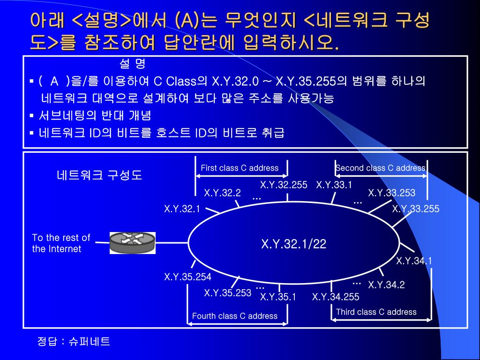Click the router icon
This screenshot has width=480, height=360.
[x=133, y=243]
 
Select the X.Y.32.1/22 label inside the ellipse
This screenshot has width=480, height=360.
[x=293, y=244]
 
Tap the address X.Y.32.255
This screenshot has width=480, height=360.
[x=284, y=185]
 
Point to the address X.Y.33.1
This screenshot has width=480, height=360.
[x=334, y=185]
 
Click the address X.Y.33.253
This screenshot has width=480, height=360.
[x=391, y=193]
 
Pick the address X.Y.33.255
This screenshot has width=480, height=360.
[x=415, y=209]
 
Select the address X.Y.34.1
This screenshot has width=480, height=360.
[x=414, y=261]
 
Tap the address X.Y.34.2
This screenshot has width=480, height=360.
[x=386, y=285]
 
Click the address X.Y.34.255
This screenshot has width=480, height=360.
[x=336, y=297]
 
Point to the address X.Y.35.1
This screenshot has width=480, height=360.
[x=278, y=297]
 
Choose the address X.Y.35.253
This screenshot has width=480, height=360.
[x=227, y=293]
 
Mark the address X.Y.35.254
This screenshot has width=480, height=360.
[x=187, y=277]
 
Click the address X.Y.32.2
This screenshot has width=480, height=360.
[x=222, y=193]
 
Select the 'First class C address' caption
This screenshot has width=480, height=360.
[x=240, y=168]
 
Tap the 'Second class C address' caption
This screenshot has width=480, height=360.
[x=380, y=168]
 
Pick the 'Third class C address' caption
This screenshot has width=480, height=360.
[x=376, y=312]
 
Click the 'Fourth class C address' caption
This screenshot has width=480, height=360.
[x=234, y=316]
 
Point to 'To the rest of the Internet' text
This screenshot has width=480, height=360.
[x=61, y=243]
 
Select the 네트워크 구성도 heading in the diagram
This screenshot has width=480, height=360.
[x=99, y=175]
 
